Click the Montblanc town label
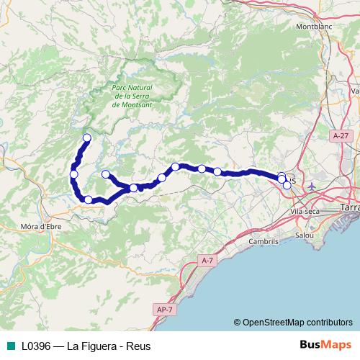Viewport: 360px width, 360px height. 312,27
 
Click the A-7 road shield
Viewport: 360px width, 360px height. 208,260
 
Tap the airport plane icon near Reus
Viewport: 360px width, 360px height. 311,186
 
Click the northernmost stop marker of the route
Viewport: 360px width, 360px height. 87,138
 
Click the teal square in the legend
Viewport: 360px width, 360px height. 10,346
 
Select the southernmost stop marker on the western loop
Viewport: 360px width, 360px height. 89,200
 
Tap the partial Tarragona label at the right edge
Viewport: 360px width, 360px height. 351,207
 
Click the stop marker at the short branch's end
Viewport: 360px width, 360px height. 106,174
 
